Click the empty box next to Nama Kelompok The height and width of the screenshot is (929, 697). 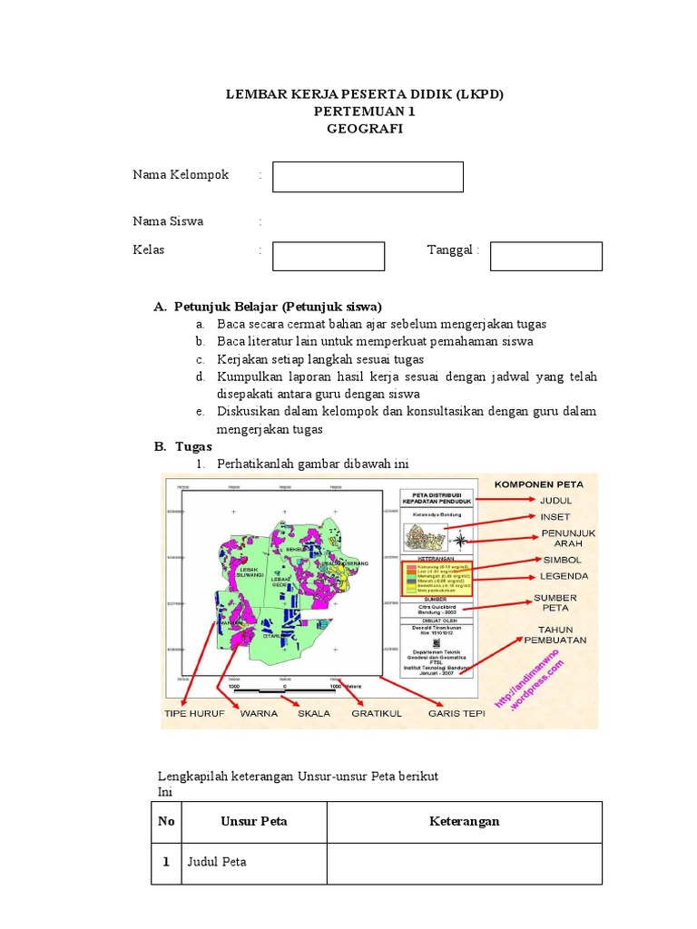point(368,177)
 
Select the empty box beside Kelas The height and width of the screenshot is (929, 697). point(329,256)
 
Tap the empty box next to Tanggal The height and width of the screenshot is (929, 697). point(545,256)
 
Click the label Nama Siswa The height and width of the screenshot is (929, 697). point(168,221)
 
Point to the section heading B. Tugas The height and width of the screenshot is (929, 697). point(182,446)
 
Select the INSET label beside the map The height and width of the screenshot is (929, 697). point(555,516)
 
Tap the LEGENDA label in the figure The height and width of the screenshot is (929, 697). point(564,575)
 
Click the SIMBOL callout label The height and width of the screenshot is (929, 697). point(562,560)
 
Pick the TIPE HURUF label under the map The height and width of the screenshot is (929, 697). point(194,713)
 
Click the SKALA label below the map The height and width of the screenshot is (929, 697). point(314,713)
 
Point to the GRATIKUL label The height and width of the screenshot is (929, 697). point(377,713)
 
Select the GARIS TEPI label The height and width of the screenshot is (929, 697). point(457,713)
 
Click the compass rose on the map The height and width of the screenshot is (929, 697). point(461,542)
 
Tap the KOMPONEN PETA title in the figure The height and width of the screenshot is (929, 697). point(539,484)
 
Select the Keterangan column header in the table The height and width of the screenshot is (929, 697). point(465,822)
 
